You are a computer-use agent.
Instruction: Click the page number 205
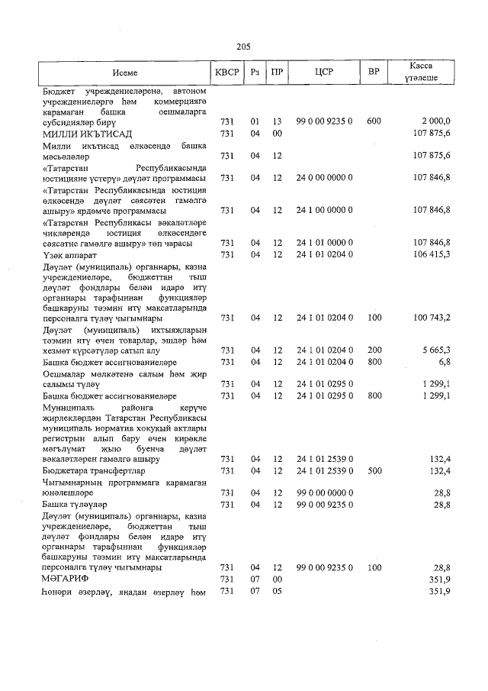(x=243, y=47)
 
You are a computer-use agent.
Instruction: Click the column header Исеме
(x=124, y=72)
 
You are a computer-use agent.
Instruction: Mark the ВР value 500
(x=374, y=472)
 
